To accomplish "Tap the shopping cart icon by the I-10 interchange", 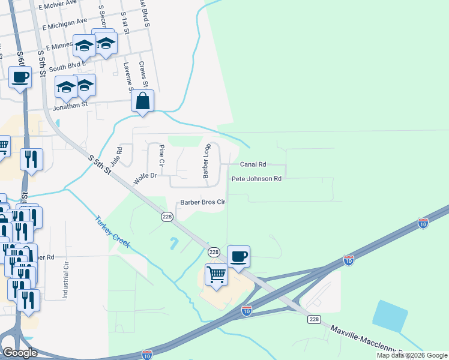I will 216,275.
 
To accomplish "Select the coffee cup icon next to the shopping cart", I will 239,256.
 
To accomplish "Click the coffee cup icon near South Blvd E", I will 20,77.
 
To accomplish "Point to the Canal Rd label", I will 253,164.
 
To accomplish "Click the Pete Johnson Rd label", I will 256,179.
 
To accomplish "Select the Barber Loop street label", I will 207,161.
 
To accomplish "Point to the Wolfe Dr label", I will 145,177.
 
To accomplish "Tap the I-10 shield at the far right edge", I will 423,223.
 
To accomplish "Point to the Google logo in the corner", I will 20,352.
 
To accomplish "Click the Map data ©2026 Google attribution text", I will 412,355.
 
